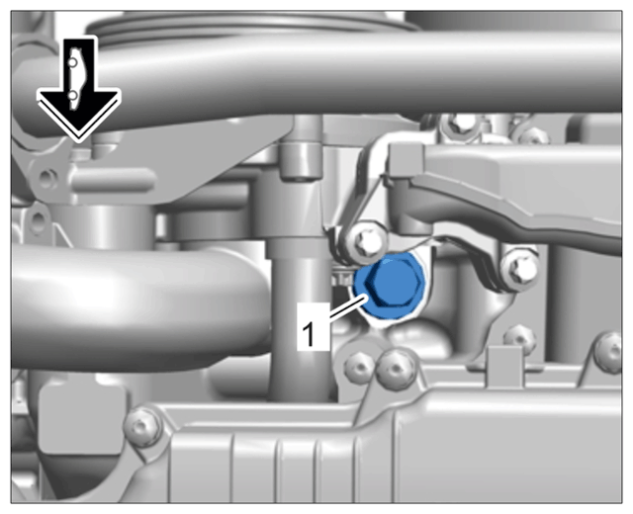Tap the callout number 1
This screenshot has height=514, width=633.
pyautogui.click(x=309, y=334)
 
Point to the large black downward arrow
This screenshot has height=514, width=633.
pyautogui.click(x=79, y=89)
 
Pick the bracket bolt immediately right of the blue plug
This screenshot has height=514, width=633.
pyautogui.click(x=521, y=267)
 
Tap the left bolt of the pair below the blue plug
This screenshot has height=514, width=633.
pyautogui.click(x=358, y=367)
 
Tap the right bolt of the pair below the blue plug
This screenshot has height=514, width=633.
pyautogui.click(x=396, y=368)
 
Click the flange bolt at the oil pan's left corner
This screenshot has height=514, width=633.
pyautogui.click(x=142, y=427)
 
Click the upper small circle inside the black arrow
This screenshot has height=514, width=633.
pyautogui.click(x=72, y=63)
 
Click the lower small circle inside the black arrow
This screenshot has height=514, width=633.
pyautogui.click(x=72, y=96)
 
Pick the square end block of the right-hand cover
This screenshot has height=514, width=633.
pyautogui.click(x=406, y=162)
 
